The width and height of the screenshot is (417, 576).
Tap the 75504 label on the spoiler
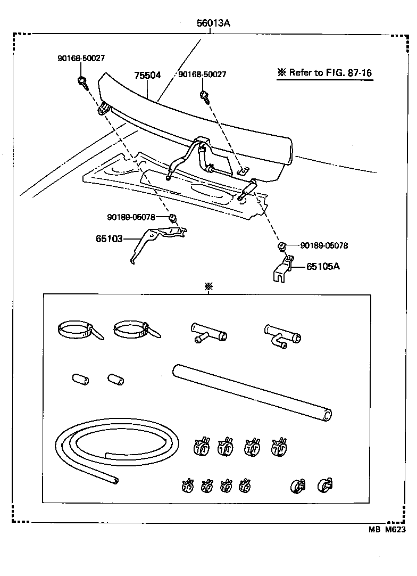click(x=147, y=76)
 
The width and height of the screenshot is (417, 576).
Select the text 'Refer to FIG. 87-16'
click(x=325, y=73)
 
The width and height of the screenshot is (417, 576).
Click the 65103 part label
click(x=109, y=239)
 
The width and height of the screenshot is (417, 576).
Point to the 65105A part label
click(x=322, y=266)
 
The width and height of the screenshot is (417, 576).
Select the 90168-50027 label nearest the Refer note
click(x=202, y=75)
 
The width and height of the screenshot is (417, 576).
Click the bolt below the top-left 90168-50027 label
click(x=82, y=82)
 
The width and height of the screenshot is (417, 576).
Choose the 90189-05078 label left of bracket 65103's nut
click(x=131, y=217)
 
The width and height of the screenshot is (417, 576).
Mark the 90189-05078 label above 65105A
click(x=324, y=245)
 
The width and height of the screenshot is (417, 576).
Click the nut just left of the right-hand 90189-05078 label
click(x=282, y=245)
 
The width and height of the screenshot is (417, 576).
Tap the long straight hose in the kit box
click(x=252, y=392)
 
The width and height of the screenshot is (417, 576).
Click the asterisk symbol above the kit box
click(x=208, y=286)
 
